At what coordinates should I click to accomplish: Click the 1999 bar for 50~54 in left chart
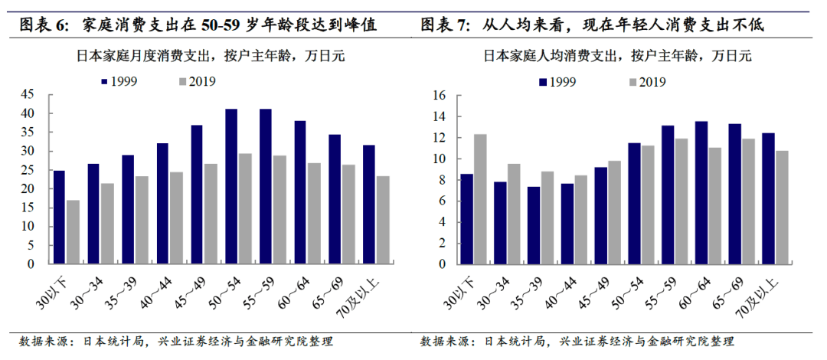[x=231, y=186]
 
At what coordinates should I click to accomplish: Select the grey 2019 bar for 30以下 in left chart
[x=73, y=231]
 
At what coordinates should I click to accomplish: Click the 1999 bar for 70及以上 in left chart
[x=369, y=205]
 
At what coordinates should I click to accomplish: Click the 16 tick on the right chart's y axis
[x=439, y=96]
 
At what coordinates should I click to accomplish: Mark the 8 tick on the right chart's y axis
[x=442, y=180]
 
